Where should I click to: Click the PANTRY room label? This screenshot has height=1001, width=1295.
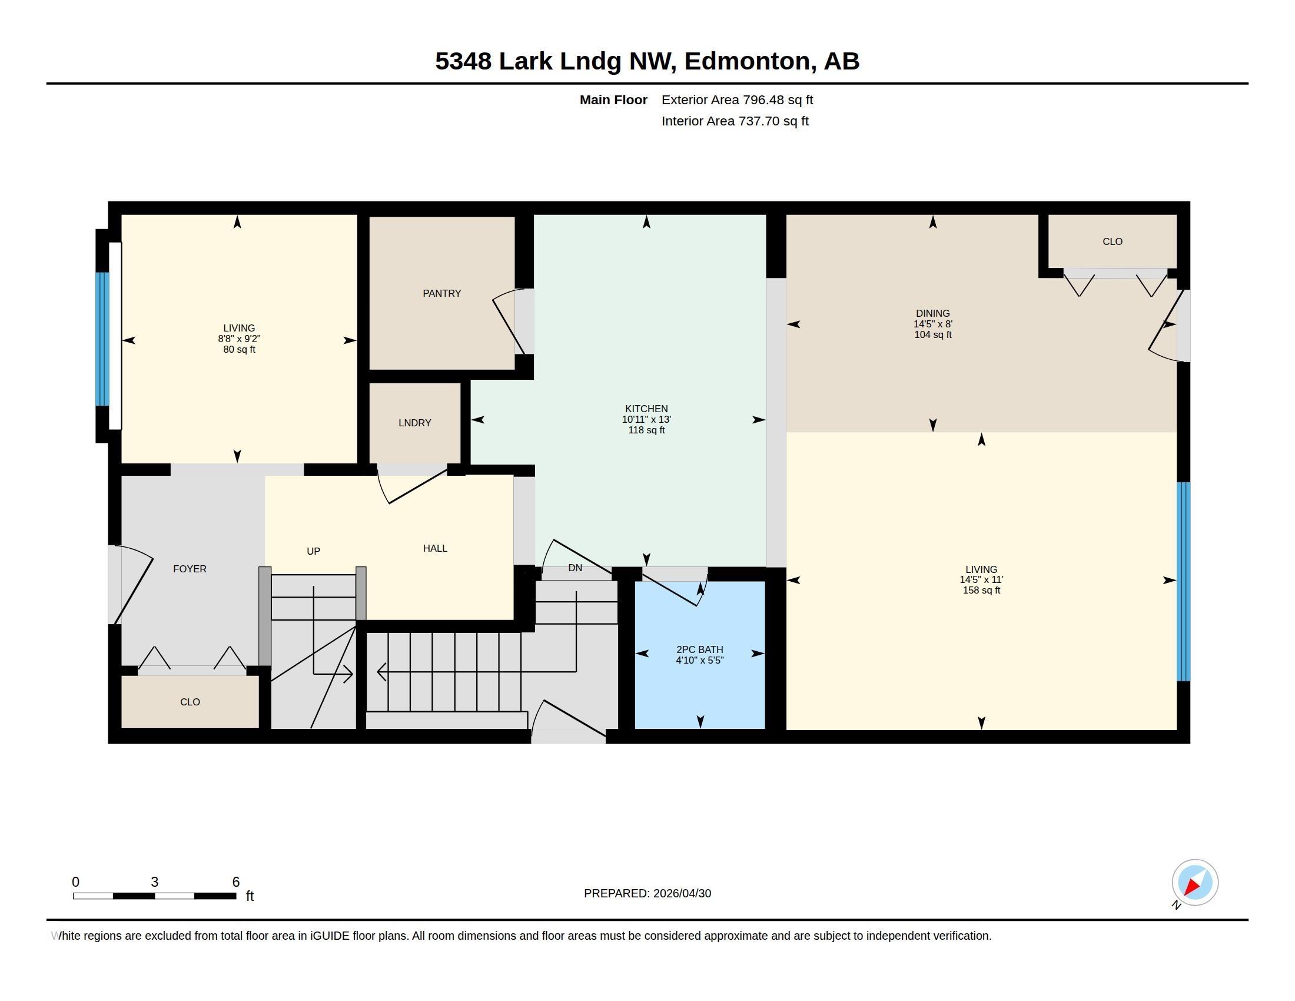tap(441, 294)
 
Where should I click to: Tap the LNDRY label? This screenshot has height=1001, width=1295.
tap(414, 423)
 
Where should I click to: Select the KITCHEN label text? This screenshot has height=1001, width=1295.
tap(646, 409)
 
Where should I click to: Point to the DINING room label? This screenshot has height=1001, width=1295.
tap(933, 313)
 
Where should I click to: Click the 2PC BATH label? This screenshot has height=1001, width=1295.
tap(700, 649)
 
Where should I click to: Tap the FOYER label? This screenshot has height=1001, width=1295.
tap(190, 569)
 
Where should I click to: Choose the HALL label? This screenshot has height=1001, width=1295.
tap(435, 549)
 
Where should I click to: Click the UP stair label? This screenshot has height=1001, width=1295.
tap(313, 551)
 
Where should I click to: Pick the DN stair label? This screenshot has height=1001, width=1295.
tap(575, 568)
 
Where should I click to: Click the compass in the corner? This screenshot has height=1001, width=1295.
tap(1194, 883)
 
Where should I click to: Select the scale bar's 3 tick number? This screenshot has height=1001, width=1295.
tap(154, 882)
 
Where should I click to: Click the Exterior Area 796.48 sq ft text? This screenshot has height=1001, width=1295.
tap(737, 100)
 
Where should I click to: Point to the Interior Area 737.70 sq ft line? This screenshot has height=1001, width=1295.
tap(735, 121)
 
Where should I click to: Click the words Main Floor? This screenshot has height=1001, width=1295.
tap(613, 100)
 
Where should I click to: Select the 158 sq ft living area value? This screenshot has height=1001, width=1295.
tap(981, 591)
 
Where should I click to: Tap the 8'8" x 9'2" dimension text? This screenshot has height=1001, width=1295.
tap(239, 339)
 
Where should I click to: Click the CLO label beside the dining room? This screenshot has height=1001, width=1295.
tap(1113, 241)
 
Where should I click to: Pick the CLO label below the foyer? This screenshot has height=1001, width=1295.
tap(190, 701)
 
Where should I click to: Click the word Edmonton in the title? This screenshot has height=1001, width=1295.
tap(747, 61)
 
